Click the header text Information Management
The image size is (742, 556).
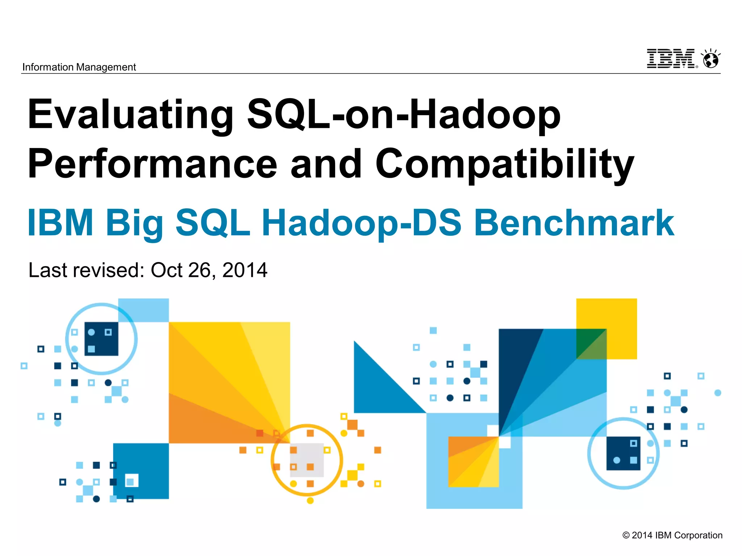(79, 67)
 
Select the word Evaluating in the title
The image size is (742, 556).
(130, 115)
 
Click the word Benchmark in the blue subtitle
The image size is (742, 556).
(574, 223)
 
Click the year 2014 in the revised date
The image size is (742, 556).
(245, 270)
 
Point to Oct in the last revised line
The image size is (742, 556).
(166, 270)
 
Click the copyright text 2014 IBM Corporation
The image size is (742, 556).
(672, 535)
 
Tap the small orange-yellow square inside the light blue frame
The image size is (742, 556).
(473, 462)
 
